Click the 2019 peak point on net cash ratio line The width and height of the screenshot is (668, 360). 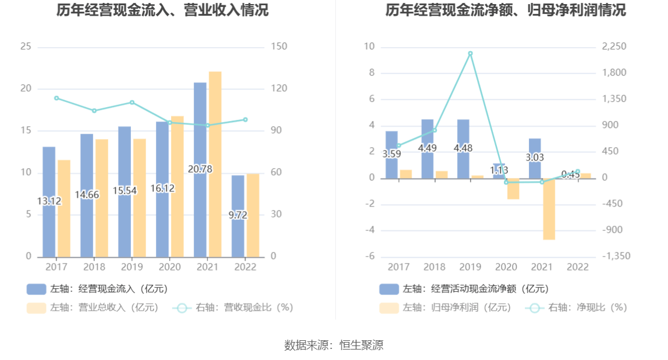(x=470, y=54)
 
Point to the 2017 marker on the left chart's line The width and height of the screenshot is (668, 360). (x=56, y=98)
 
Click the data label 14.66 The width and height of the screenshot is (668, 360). (x=87, y=195)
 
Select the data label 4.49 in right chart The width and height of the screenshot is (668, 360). (x=428, y=148)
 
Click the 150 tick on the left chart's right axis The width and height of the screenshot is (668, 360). (x=279, y=47)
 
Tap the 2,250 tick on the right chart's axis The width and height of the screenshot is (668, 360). (x=614, y=47)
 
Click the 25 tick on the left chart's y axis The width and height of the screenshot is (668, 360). (x=26, y=47)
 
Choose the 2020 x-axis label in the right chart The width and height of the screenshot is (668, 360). (x=506, y=267)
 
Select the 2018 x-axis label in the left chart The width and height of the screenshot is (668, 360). (x=94, y=267)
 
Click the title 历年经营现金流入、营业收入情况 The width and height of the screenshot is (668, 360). (x=163, y=10)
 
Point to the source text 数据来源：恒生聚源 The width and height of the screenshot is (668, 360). (x=334, y=345)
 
